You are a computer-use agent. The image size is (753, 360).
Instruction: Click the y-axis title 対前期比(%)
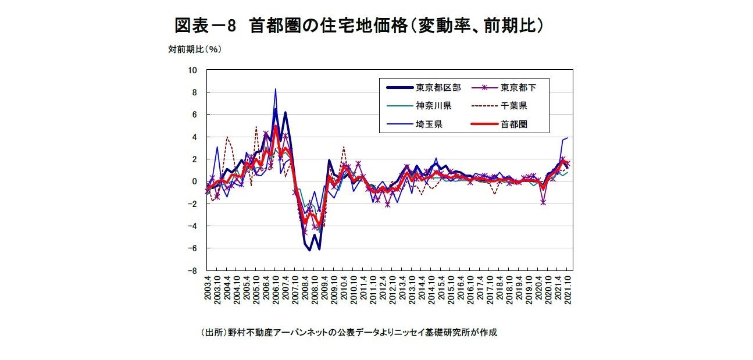pyautogui.click(x=195, y=49)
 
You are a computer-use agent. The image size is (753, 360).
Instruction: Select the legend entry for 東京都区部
pyautogui.click(x=438, y=88)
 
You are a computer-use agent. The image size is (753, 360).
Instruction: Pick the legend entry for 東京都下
pyautogui.click(x=518, y=88)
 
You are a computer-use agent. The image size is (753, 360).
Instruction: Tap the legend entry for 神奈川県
pyautogui.click(x=433, y=106)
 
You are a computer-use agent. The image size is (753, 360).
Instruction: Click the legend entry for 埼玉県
pyautogui.click(x=429, y=124)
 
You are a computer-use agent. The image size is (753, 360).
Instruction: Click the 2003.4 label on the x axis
pyautogui.click(x=208, y=288)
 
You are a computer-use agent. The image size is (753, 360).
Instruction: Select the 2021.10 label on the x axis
pyautogui.click(x=568, y=288)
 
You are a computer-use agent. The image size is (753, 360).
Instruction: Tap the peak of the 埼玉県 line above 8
pyautogui.click(x=276, y=89)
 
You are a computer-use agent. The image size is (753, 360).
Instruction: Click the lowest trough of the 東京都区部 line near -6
pyautogui.click(x=310, y=250)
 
